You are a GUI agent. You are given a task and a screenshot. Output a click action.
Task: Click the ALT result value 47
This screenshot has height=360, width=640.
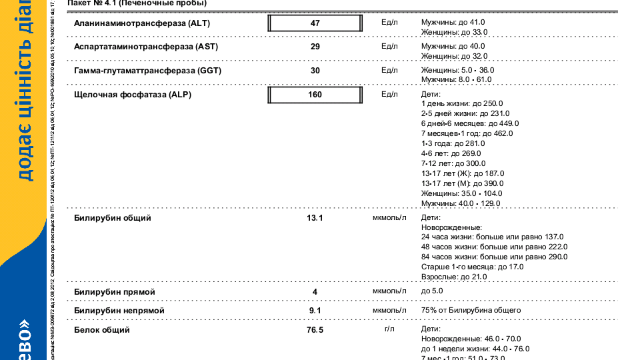coord(315,23)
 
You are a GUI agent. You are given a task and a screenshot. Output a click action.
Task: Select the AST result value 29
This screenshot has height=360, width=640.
coord(315,47)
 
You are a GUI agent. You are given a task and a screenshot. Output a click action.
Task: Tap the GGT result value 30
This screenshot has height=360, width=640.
coord(315,71)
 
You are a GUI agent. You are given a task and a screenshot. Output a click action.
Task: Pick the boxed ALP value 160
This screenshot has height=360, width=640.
coord(315,95)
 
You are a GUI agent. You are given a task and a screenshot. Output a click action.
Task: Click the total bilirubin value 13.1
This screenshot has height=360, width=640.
coord(315,218)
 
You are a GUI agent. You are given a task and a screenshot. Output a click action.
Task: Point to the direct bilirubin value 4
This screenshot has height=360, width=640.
coord(315,292)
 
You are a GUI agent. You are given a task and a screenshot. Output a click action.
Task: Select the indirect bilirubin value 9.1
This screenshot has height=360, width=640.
coord(315,311)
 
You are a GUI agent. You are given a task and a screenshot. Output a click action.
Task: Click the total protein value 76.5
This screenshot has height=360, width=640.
coord(315,330)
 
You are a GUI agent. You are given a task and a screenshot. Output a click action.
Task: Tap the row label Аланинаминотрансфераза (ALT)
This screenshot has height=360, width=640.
coord(131,23)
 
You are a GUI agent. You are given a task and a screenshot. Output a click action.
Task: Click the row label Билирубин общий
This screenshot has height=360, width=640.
coord(113,218)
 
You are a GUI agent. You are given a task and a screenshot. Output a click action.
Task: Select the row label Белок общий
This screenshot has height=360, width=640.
coord(102,330)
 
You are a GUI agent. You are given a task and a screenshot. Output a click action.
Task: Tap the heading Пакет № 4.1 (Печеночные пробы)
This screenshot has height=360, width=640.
coord(137,3)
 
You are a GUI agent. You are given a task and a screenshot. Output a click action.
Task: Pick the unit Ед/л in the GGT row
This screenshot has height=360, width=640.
coord(389,70)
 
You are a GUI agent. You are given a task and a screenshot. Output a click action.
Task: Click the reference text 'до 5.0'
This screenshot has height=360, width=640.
coord(432,291)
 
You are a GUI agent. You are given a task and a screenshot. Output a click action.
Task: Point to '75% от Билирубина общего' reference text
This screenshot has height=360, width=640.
coord(471,310)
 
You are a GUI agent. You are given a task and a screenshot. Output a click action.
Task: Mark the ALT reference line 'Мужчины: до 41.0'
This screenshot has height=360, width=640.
coord(453,22)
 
